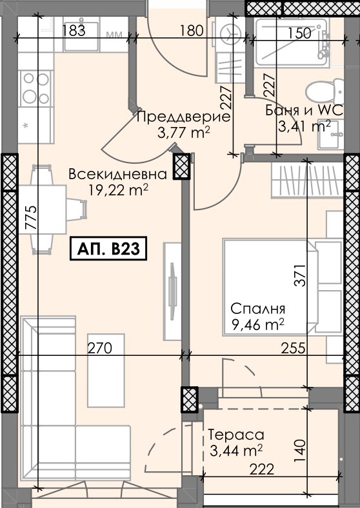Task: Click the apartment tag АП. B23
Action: (108, 248)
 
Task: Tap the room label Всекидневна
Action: (117, 174)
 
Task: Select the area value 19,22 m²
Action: (118, 190)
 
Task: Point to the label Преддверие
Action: (184, 117)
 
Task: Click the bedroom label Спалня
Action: (258, 309)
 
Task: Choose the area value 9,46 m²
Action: (258, 324)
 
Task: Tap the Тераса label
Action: (235, 435)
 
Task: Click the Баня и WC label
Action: (305, 110)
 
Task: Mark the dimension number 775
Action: (31, 218)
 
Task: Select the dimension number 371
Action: (300, 275)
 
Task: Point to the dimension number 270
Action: (100, 348)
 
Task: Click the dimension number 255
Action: (293, 348)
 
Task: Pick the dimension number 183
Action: (74, 30)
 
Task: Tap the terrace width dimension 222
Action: (262, 469)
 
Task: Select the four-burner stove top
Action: (36, 88)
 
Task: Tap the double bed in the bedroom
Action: (283, 288)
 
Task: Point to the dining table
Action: (43, 210)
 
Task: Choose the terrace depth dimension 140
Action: (300, 451)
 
